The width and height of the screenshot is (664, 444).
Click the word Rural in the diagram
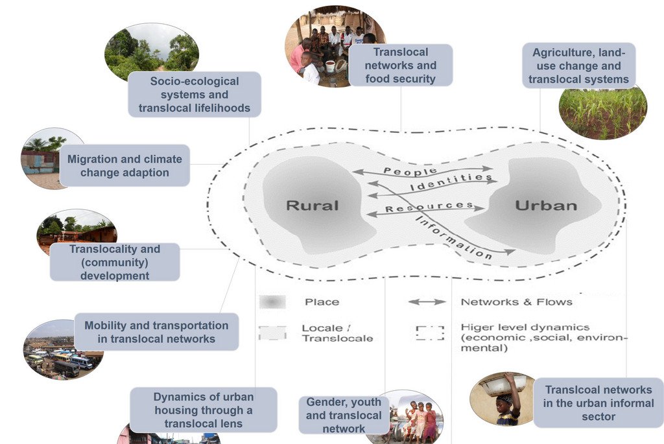click(313, 205)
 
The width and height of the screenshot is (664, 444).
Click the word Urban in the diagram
click(545, 205)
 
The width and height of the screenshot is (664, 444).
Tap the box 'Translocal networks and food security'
click(400, 65)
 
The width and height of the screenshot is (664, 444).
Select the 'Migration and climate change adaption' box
click(124, 165)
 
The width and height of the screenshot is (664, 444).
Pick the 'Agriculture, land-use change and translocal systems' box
click(578, 65)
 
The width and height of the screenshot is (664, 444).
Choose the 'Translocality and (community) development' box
click(115, 262)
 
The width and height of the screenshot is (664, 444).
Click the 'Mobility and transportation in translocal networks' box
click(156, 332)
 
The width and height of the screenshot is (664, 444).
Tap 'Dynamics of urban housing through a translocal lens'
click(204, 410)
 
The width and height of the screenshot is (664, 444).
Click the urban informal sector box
click(598, 403)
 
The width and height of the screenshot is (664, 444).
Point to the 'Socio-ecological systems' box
click(195, 95)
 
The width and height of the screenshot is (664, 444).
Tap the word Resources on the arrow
click(429, 207)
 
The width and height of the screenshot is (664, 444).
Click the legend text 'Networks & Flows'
click(516, 301)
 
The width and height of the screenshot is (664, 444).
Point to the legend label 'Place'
click(322, 302)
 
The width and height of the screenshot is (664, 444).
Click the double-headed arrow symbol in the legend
click(427, 302)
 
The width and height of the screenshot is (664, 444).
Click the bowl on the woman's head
click(502, 385)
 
